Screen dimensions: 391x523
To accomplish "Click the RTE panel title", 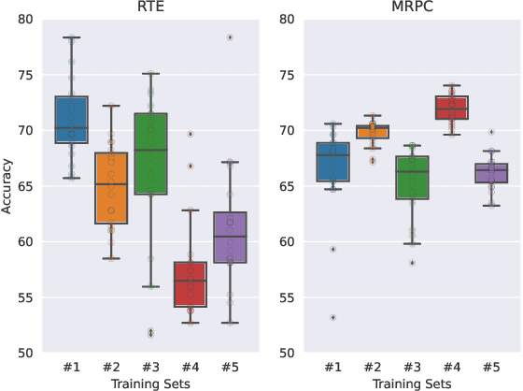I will (144, 8).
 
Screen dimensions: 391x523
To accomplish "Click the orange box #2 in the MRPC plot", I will (361, 131).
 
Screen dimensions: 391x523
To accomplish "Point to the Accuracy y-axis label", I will (8, 185).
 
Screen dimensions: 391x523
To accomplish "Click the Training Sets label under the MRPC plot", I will (397, 384).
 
